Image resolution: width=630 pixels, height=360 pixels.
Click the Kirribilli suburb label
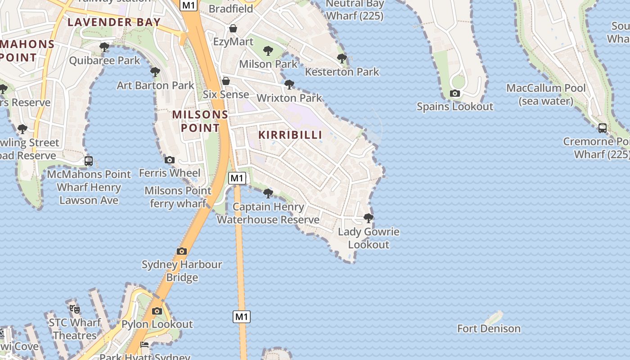[x=290, y=135]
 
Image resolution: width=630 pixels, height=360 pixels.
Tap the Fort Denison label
[x=489, y=328]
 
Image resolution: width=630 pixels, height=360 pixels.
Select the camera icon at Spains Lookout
[x=455, y=94]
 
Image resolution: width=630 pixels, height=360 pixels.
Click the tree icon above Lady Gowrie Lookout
[x=369, y=218]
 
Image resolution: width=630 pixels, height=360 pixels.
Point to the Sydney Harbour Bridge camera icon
[x=182, y=251]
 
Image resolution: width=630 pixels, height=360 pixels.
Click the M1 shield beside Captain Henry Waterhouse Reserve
[x=237, y=178]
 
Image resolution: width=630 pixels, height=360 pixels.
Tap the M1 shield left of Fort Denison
[x=242, y=317]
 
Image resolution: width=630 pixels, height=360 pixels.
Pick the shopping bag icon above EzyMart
[x=233, y=29]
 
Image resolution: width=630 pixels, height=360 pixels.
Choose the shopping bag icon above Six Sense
[x=226, y=81]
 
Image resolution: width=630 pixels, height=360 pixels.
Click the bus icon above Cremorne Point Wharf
[x=603, y=128]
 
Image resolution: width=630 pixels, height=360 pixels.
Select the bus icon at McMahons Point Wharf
[x=89, y=161]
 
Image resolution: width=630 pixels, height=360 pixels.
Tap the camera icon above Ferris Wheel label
[x=170, y=160]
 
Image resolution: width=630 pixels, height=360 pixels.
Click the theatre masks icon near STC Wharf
[x=75, y=309]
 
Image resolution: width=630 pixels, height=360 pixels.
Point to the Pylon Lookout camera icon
[x=157, y=311]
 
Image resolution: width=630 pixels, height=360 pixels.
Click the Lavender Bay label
[x=114, y=22]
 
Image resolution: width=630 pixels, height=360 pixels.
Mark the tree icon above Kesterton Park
[x=342, y=58]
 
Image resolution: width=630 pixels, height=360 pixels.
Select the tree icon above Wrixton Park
[x=289, y=84]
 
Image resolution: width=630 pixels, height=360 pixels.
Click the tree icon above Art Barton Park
[x=155, y=72]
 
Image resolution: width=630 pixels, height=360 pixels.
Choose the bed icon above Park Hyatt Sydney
[x=144, y=345]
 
